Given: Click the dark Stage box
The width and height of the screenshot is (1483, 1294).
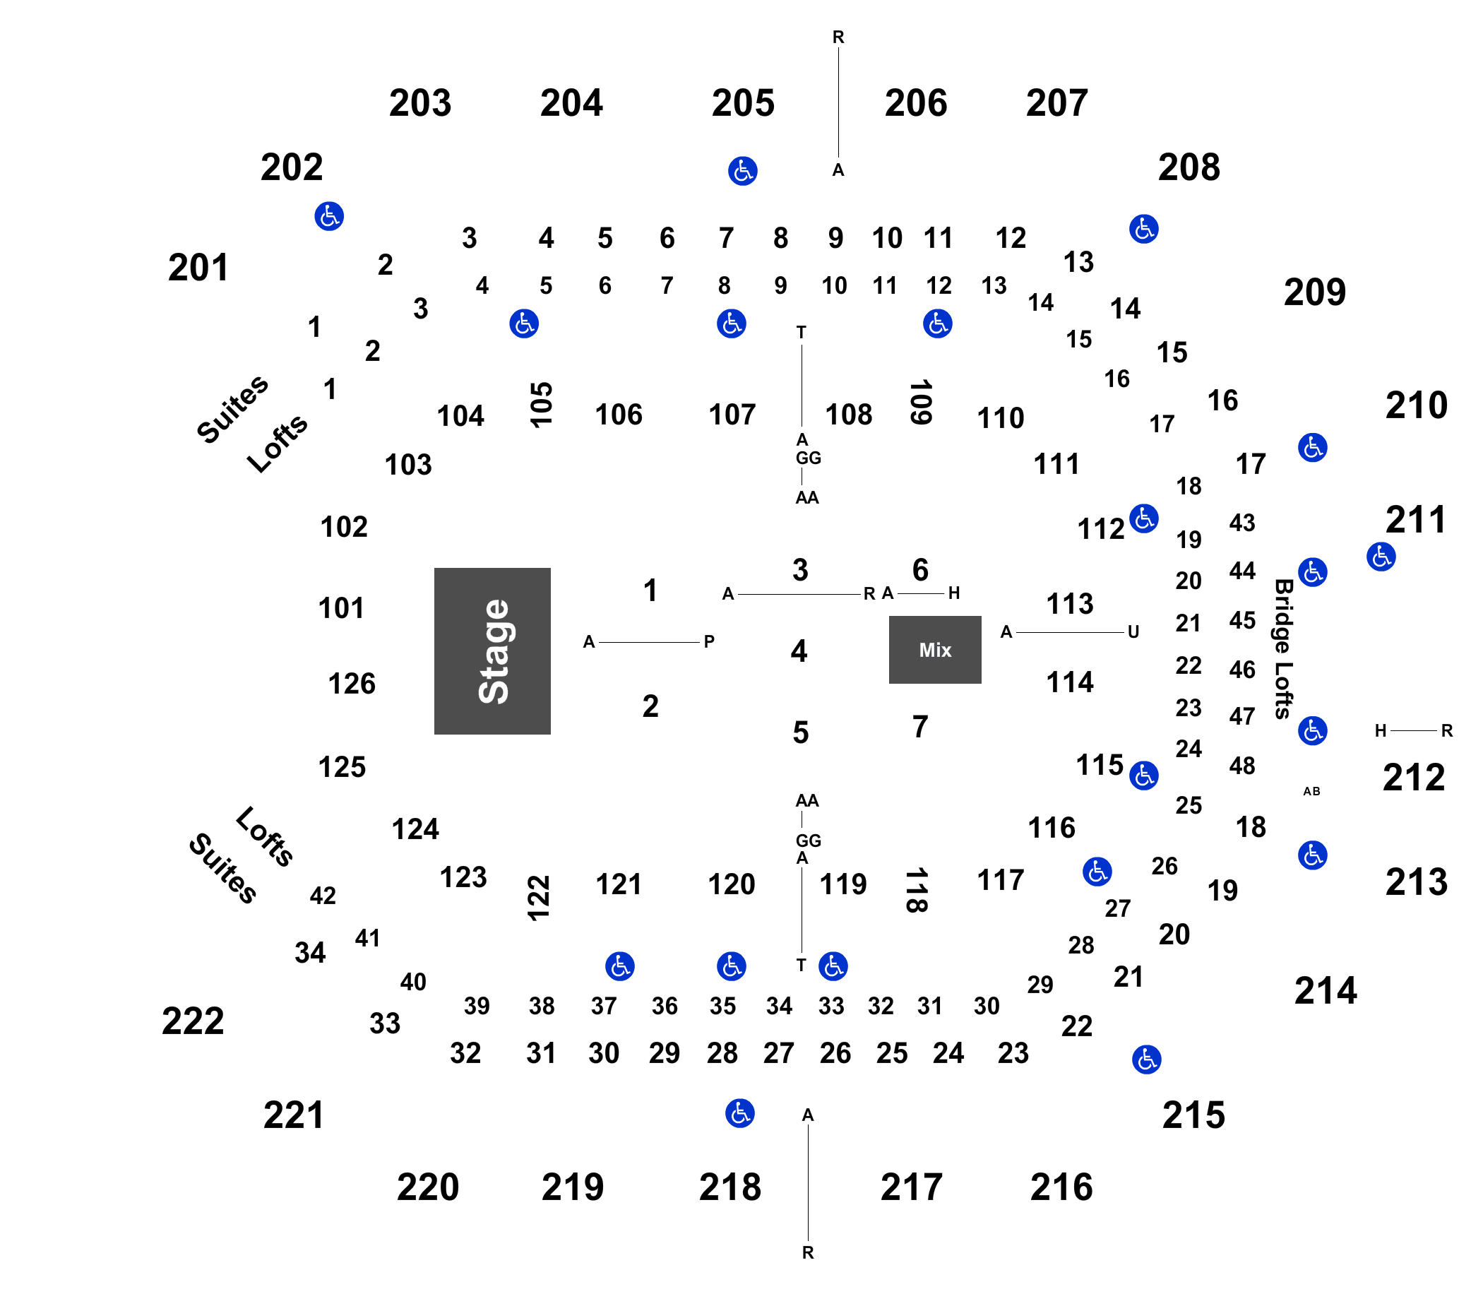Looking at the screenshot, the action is (x=492, y=651).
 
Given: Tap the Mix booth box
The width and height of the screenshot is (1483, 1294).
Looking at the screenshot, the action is (x=934, y=649).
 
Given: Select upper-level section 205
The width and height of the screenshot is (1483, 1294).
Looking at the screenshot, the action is (x=742, y=102).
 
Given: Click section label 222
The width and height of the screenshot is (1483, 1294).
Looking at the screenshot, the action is (x=193, y=1021).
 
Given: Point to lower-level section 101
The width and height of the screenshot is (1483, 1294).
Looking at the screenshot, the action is (x=341, y=608).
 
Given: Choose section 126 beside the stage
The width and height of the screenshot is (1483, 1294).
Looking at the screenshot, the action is (x=352, y=683).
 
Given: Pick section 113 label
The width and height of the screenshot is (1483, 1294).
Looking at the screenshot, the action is (x=1069, y=603).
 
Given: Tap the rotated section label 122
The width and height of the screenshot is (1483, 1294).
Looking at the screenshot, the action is (x=539, y=898).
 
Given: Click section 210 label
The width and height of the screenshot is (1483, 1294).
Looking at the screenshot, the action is (x=1416, y=405).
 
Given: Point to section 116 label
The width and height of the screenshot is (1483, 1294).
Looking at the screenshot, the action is (x=1052, y=828).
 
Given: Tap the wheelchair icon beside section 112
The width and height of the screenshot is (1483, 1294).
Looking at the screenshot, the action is (x=1143, y=518).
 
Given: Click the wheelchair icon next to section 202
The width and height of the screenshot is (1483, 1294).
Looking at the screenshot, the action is (x=328, y=216).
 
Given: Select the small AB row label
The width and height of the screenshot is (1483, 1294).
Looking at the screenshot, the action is (x=1311, y=791).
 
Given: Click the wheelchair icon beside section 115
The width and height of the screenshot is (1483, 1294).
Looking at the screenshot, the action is (x=1143, y=776).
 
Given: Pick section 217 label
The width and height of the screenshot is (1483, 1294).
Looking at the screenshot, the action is (x=911, y=1187).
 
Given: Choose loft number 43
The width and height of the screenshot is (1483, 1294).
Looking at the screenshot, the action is (x=1242, y=523).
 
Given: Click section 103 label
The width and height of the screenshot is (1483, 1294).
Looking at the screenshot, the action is (x=408, y=464).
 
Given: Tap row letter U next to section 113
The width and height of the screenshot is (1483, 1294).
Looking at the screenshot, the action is (x=1133, y=633).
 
